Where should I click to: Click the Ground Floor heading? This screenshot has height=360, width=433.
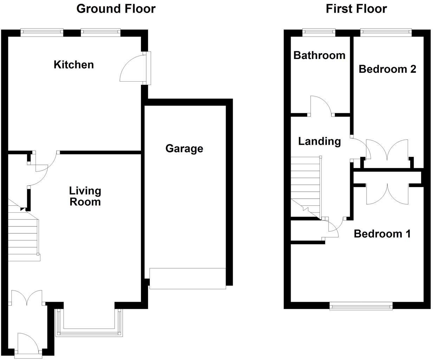pos(116,8)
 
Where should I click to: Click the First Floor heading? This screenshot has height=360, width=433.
pos(356,8)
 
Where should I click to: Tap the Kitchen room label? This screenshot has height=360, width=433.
pos(74,65)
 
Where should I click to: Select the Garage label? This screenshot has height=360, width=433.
pos(184,148)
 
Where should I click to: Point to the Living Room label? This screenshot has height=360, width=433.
pos(85,196)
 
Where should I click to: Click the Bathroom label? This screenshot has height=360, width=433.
pos(319,55)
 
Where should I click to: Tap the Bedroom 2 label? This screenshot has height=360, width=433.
pos(387,69)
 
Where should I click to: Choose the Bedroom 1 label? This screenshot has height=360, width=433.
pos(382,234)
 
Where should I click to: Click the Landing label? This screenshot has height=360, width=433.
pos(319,141)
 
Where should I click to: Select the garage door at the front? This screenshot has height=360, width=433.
pos(187,278)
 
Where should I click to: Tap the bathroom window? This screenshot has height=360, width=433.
pos(319,32)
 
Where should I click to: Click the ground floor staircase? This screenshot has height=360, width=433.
pos(23,236)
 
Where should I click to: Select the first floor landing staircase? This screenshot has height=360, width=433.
pos(305,186)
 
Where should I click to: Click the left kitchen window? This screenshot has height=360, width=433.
pos(42,32)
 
